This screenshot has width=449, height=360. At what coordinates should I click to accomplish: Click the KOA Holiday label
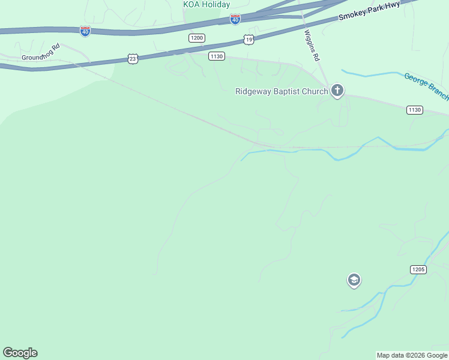tap(206, 4)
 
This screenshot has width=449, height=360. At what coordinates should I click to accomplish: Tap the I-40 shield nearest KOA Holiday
tap(235, 20)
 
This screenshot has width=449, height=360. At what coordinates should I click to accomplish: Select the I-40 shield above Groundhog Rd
tap(85, 31)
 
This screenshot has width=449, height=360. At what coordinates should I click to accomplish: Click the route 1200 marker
tap(196, 38)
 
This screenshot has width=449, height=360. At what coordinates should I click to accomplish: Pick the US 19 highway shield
tap(249, 40)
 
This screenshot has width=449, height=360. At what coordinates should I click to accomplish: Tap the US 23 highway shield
tap(133, 58)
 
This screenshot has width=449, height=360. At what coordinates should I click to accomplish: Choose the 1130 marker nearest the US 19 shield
tap(217, 56)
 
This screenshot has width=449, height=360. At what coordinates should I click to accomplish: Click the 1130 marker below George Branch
tap(414, 110)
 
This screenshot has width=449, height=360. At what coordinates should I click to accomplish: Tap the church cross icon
tap(337, 91)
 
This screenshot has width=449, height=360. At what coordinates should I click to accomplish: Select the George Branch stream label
tap(427, 86)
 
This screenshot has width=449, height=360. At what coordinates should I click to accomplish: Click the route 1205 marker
tap(418, 269)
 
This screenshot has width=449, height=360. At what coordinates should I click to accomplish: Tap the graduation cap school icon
tap(354, 280)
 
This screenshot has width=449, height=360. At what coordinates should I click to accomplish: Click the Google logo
tap(20, 353)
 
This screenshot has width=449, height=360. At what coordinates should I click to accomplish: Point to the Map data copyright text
tap(412, 355)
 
